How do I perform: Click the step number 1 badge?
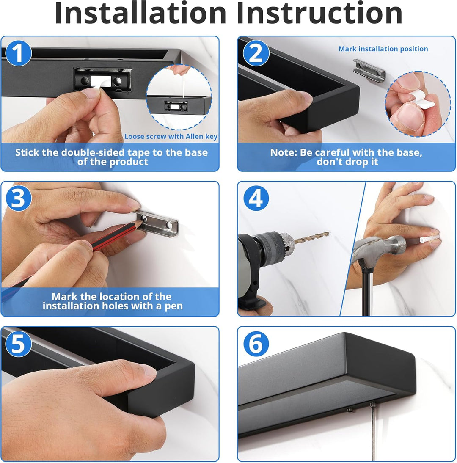[18, 53]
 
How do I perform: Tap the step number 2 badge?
[256, 53]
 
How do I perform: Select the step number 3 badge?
[18, 198]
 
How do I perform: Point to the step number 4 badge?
[256, 198]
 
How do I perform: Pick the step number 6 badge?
[256, 344]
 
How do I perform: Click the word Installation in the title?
[140, 13]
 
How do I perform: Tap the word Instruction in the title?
[320, 13]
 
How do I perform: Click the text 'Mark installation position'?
[383, 49]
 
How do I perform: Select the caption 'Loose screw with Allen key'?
[171, 136]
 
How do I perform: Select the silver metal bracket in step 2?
[369, 70]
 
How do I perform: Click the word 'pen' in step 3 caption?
[173, 306]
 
